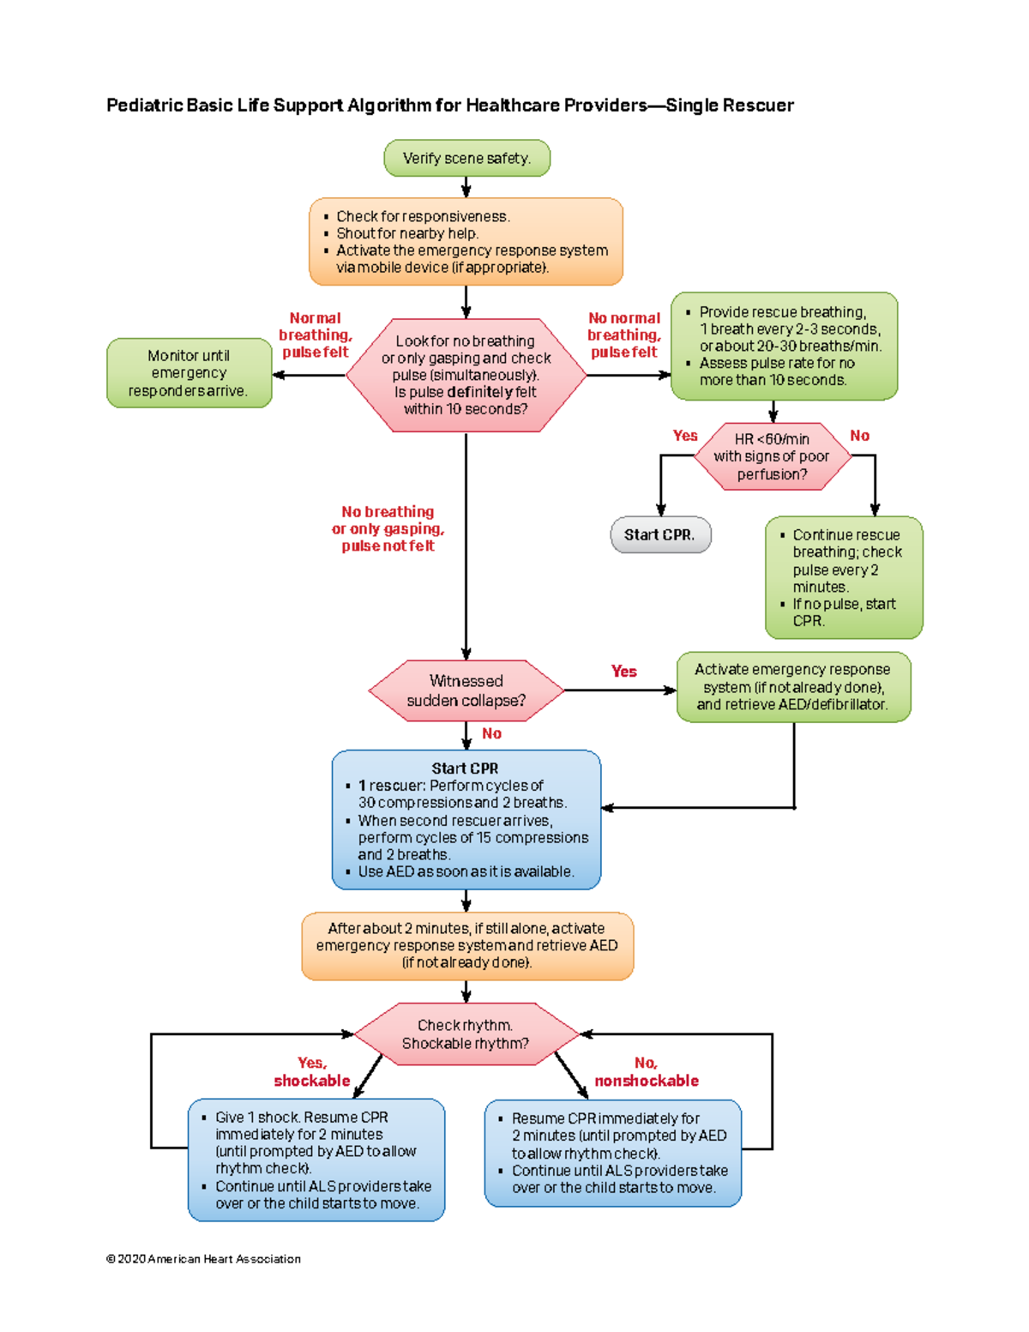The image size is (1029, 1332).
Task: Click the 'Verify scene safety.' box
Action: coord(466,159)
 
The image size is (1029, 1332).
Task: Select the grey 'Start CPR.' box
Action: coord(660,534)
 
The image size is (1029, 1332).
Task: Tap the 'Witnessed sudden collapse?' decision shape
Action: coord(466,690)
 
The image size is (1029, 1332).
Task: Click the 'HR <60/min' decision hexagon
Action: coord(771,456)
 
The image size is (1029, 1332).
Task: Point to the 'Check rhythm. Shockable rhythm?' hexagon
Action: coord(466,1034)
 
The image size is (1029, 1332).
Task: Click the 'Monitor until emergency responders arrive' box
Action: coord(189,373)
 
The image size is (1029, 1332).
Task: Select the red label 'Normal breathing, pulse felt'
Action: coord(315,335)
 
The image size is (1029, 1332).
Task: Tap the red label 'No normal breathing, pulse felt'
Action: coord(623,335)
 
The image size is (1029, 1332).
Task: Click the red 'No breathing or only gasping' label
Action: coord(388,528)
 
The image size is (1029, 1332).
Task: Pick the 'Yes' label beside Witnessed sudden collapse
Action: coord(623,672)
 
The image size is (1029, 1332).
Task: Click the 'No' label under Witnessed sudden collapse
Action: coord(491,733)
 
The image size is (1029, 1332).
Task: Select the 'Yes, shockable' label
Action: coord(311,1072)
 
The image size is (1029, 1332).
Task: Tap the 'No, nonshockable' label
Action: coord(647,1072)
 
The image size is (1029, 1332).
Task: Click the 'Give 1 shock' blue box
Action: coord(316,1160)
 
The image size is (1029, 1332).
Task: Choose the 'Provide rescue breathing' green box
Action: coord(784,347)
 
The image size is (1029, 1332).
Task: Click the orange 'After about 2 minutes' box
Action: coord(466,945)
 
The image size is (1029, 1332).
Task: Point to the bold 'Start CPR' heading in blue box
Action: coord(465,768)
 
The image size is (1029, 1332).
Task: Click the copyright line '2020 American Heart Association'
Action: coord(203,1259)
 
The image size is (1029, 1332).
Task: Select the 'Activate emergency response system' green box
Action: coord(793,687)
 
